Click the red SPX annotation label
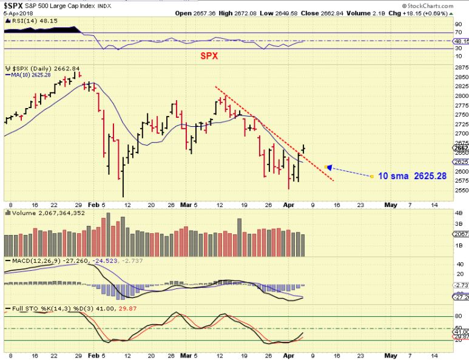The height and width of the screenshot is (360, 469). tap(209, 56)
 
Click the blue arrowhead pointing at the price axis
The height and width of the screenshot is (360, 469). tap(328, 167)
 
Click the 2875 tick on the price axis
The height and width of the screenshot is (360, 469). tap(461, 68)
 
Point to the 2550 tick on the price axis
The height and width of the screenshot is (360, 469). tap(461, 190)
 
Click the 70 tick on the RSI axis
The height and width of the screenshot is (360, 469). tap(459, 33)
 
